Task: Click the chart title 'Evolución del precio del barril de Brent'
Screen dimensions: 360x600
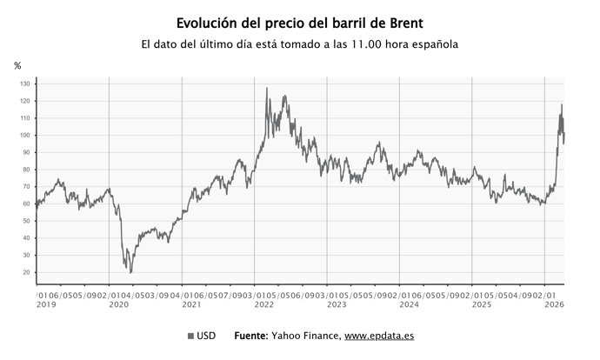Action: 299,22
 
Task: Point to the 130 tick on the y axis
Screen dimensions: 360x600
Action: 25,84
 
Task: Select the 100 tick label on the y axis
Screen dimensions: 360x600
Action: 25,136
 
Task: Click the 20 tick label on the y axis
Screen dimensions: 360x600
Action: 27,272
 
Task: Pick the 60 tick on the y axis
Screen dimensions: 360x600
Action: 27,203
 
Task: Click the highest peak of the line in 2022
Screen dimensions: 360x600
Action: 266,89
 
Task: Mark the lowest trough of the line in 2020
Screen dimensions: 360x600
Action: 130,272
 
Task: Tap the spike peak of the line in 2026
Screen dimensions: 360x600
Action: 562,105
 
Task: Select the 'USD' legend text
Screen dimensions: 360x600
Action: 207,336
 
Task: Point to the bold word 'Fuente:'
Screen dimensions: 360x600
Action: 251,336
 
